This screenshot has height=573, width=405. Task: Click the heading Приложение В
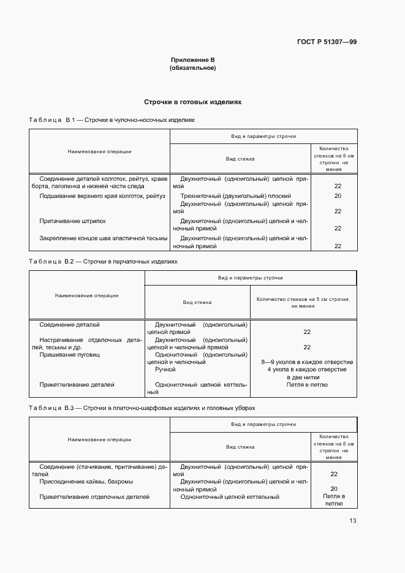pos(192,59)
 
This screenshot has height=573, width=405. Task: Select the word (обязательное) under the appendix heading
pos(192,67)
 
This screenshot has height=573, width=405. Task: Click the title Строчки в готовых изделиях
pos(192,102)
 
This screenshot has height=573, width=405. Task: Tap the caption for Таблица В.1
pos(112,120)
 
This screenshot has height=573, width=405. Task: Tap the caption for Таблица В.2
pos(103,261)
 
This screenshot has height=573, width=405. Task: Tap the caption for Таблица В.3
pos(142,408)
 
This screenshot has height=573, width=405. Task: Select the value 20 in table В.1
pos(338,196)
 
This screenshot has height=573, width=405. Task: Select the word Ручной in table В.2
pos(165,370)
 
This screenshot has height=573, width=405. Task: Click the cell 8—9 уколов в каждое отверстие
pos(307,362)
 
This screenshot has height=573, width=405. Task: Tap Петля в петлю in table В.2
pos(307,385)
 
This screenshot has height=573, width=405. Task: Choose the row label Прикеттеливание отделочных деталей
pos(94,496)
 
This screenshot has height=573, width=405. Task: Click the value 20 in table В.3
pos(334,489)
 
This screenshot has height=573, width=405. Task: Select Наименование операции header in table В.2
pos(87,295)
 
